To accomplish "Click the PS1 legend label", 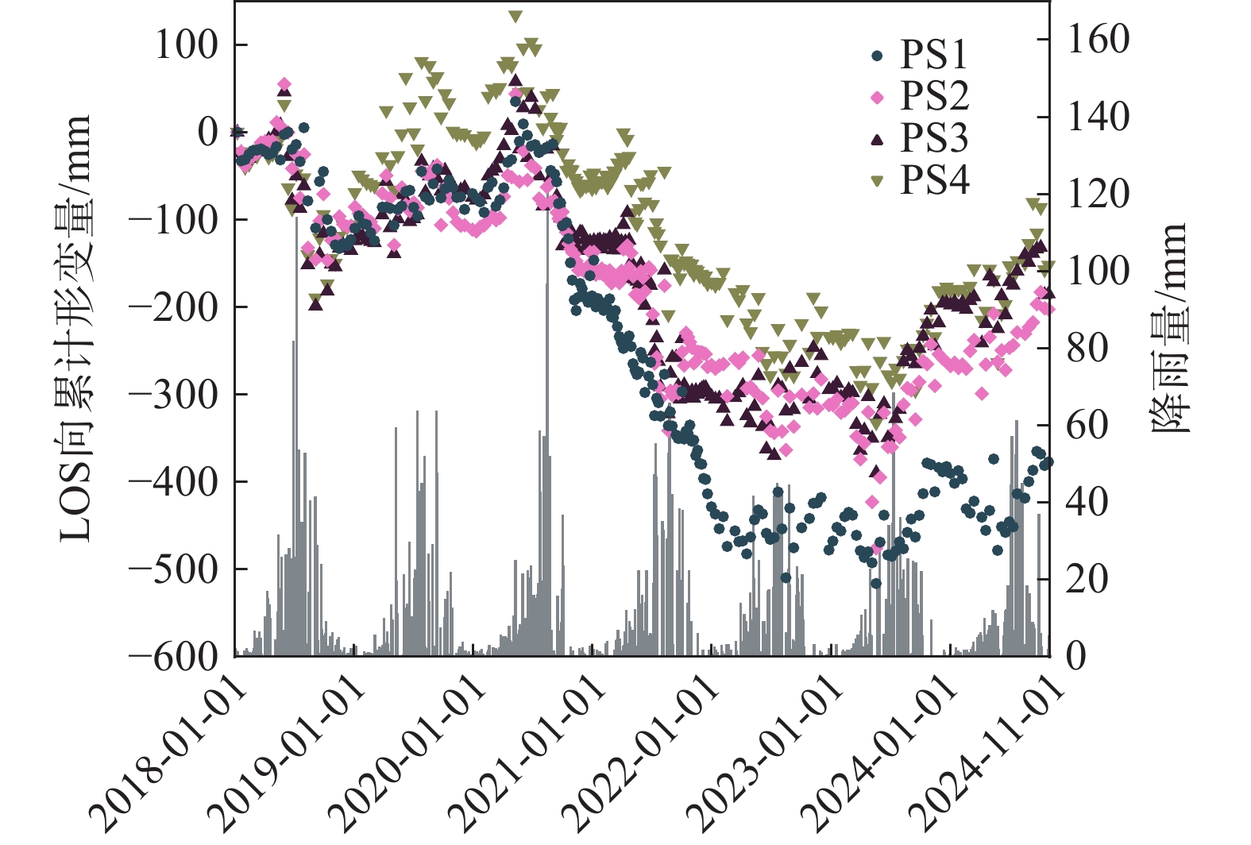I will (x=934, y=55).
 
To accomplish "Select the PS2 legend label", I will (x=934, y=96).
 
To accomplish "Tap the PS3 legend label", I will (x=934, y=138).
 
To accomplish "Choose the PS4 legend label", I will (x=934, y=180).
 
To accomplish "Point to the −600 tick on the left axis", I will (x=174, y=657).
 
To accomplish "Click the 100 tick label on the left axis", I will (x=186, y=45).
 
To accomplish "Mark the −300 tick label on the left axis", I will (x=174, y=395).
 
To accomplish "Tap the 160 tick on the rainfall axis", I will (x=1098, y=39).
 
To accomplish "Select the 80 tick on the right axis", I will (x=1087, y=347).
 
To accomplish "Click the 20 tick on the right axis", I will (x=1087, y=579).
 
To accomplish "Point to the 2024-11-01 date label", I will (x=989, y=750).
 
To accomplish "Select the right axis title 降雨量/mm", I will (x=1169, y=327).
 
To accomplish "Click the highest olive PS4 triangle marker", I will (x=515, y=17).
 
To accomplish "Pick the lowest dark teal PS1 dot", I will (x=876, y=583).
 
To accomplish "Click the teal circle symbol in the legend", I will (x=877, y=56).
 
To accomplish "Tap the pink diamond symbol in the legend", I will (x=877, y=98).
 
